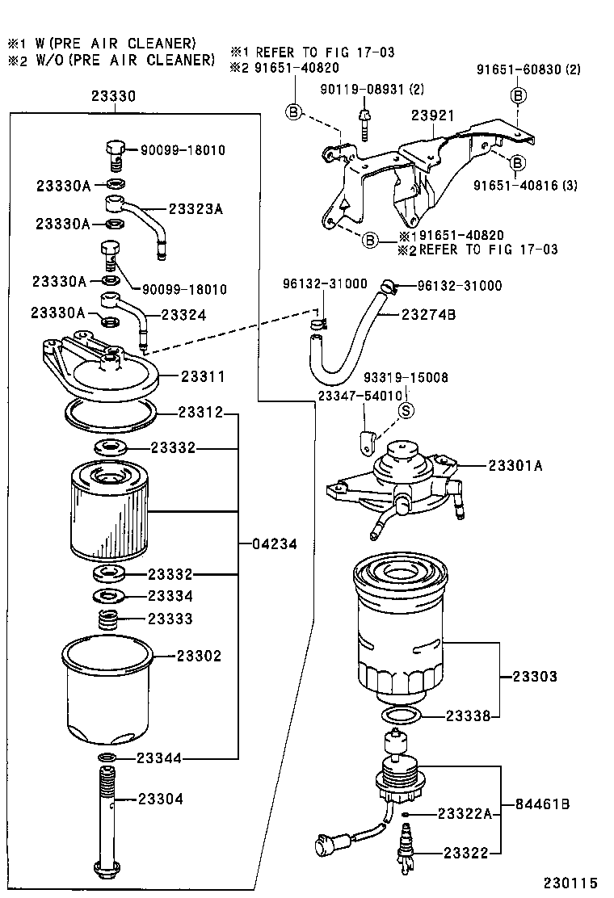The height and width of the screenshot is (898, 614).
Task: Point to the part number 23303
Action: (534, 676)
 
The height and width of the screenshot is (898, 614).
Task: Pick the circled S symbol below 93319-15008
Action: (406, 409)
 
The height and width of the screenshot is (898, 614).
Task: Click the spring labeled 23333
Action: (108, 621)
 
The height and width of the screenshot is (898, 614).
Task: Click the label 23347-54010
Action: (360, 396)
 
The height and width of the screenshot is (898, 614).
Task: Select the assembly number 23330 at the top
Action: (112, 96)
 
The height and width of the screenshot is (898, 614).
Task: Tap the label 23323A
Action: (196, 208)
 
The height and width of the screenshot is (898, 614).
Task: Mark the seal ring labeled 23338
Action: (399, 715)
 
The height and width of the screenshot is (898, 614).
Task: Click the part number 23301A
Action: (515, 465)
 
